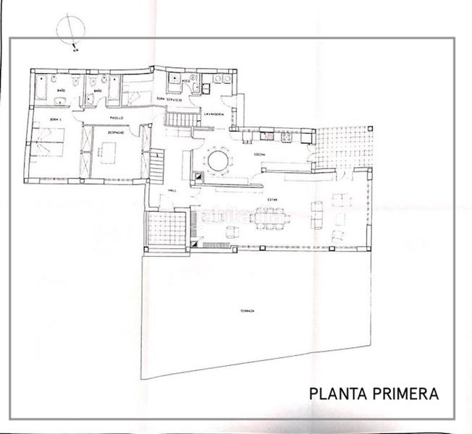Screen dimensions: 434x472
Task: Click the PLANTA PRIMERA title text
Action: [x=374, y=394]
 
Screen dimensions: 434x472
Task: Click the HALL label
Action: [x=172, y=191]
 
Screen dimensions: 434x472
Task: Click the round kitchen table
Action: [x=217, y=159]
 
